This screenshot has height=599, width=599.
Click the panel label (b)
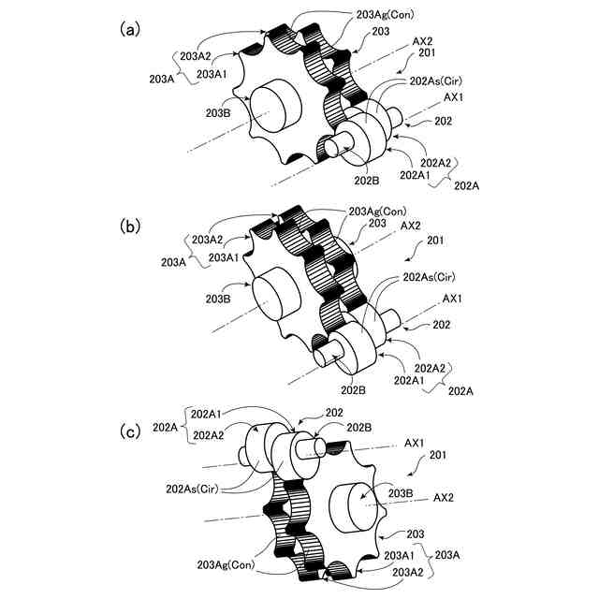[x=130, y=226]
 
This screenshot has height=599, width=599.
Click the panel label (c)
[x=130, y=431]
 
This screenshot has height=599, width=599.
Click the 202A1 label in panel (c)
[x=207, y=413]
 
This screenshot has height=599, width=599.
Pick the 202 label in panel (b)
[x=443, y=325]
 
